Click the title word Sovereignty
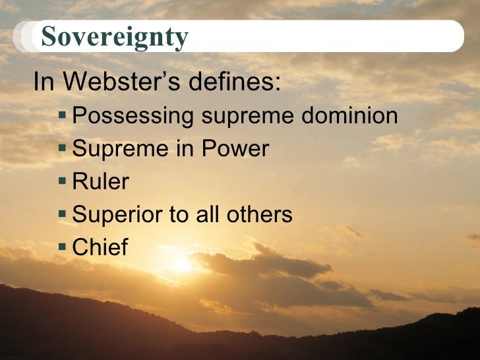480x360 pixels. (114, 37)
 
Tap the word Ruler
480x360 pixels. (100, 181)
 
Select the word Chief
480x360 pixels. (100, 247)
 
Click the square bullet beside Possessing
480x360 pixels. (63, 116)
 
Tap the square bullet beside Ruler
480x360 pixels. (63, 181)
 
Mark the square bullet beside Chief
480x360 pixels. (63, 247)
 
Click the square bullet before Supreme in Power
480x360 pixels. (63, 148)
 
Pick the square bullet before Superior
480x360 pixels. (63, 214)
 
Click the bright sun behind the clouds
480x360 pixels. (179, 264)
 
